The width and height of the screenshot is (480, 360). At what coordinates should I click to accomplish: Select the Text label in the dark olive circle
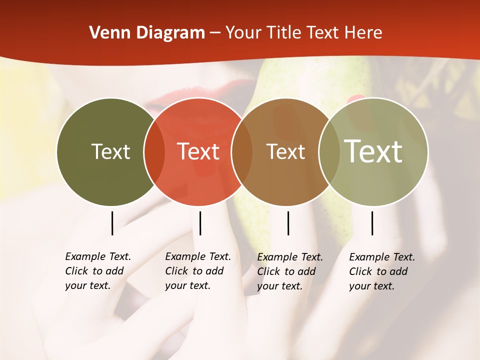[110, 151]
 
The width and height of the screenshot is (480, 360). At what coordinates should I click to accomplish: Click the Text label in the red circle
[198, 151]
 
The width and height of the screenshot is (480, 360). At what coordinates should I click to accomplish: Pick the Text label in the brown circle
[285, 151]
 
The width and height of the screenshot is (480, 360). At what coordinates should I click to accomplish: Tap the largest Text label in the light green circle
[373, 151]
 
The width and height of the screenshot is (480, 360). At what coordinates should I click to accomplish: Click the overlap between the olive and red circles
[154, 151]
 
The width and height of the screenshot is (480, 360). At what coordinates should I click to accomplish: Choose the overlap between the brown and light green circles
[329, 151]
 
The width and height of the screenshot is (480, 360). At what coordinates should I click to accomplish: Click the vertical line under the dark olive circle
[112, 223]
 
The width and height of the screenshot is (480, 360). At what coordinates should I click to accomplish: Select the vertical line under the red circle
[200, 223]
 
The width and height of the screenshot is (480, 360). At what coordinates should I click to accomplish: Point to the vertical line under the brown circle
[288, 223]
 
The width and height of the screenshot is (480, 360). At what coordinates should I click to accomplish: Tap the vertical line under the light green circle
[372, 223]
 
